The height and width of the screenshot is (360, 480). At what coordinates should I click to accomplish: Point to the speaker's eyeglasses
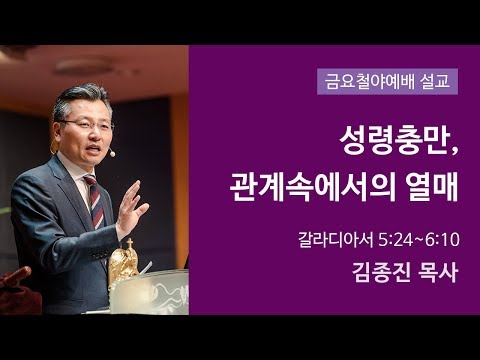pos(86,124)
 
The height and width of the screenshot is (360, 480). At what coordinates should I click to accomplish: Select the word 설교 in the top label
pos(434,78)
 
